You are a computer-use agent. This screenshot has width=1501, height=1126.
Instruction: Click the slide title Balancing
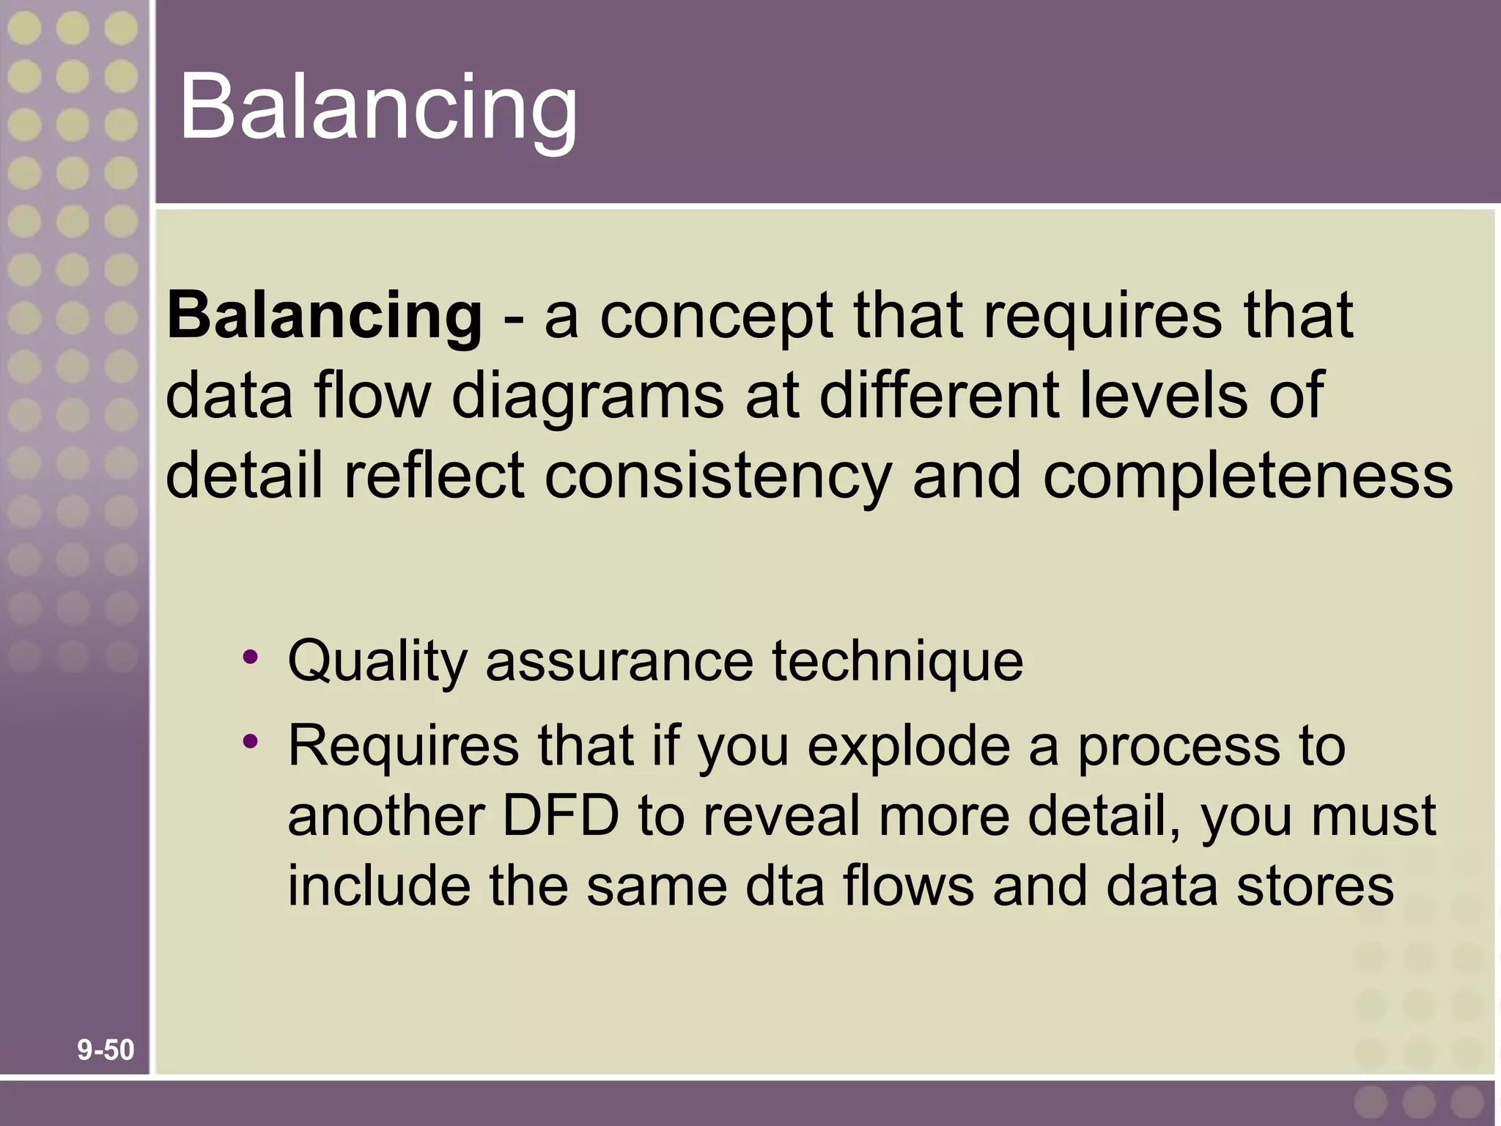click(377, 108)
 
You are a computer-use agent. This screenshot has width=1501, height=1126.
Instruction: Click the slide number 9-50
click(106, 1050)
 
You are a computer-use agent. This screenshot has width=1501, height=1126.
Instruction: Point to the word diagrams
click(587, 397)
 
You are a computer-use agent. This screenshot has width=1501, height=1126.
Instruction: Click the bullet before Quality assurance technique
click(251, 655)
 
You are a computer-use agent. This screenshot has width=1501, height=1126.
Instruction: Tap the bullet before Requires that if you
click(251, 741)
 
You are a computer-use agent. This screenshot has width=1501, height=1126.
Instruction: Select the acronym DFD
click(561, 816)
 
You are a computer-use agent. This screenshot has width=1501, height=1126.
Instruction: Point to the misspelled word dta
click(785, 886)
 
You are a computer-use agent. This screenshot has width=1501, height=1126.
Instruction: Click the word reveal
click(781, 816)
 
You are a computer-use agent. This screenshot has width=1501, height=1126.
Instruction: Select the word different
click(938, 397)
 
